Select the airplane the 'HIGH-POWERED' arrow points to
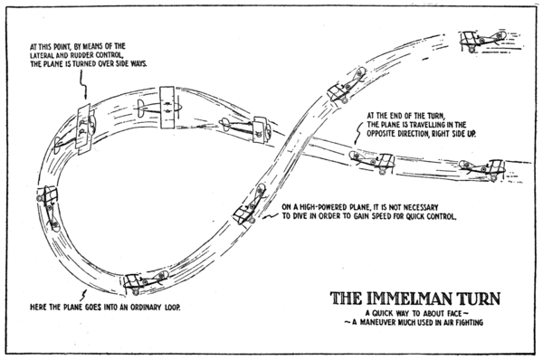click(248, 206)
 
